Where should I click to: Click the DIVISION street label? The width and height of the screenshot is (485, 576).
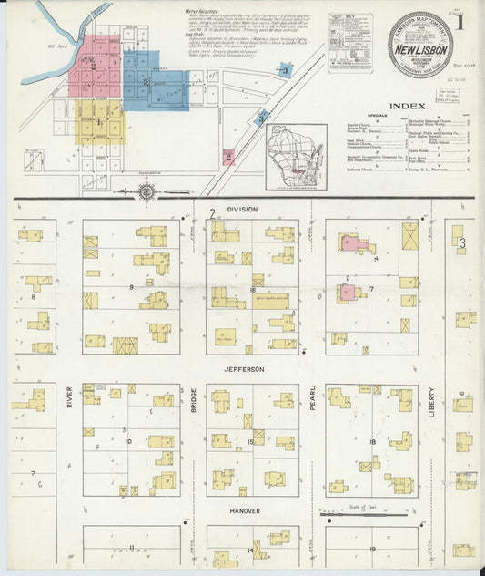[243, 210]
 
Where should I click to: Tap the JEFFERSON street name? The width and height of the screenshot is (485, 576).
[245, 369]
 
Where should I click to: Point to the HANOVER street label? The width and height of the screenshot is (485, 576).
[244, 510]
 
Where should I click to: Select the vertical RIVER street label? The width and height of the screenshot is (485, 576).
[69, 396]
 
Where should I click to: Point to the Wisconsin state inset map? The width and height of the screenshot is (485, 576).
[296, 157]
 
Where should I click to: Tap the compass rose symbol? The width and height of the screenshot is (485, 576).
[147, 191]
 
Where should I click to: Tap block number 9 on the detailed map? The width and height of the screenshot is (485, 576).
[131, 287]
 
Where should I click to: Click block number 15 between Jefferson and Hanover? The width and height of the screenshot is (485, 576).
[251, 442]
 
